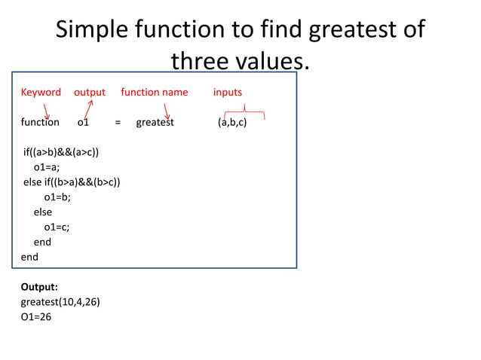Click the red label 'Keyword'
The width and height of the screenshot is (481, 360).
click(41, 92)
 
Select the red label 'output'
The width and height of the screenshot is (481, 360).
click(90, 92)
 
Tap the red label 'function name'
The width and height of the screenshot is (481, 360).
click(155, 92)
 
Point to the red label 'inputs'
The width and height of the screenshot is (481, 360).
click(228, 92)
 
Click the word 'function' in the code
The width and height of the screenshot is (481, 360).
click(40, 122)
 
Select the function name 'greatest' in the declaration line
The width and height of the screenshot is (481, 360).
click(155, 122)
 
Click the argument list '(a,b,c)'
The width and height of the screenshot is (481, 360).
click(232, 122)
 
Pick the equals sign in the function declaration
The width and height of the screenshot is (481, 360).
click(118, 122)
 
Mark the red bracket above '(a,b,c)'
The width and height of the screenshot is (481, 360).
click(243, 114)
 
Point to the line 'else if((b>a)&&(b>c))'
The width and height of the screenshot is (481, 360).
click(72, 182)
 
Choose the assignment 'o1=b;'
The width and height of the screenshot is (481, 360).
click(57, 197)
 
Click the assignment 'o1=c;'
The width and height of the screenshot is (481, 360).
click(57, 227)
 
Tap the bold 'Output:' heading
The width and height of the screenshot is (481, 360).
click(39, 287)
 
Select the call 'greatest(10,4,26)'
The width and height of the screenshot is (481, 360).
click(60, 302)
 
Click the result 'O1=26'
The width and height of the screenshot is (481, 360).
click(36, 317)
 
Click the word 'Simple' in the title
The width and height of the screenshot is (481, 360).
click(92, 29)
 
